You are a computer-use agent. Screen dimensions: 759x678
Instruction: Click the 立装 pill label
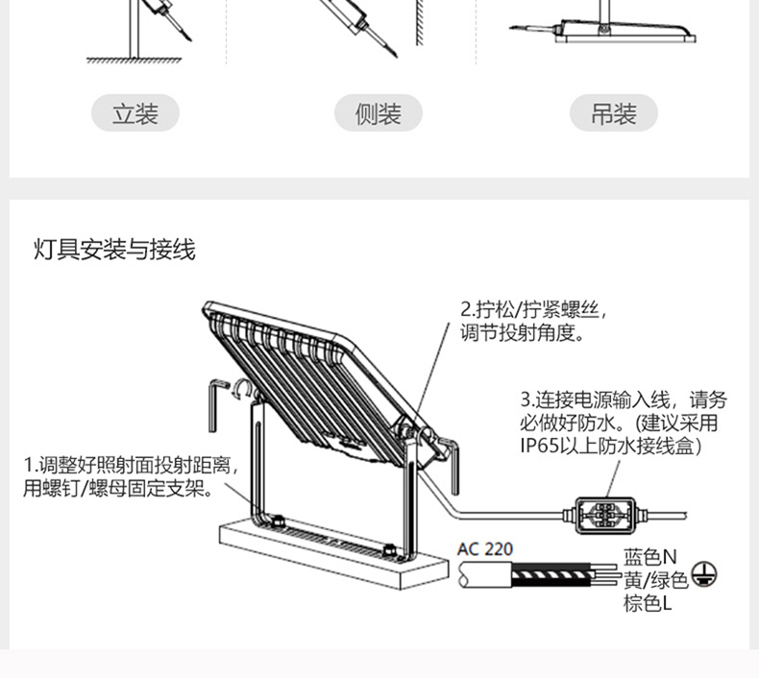135,114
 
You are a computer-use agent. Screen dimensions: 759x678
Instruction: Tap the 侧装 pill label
378,114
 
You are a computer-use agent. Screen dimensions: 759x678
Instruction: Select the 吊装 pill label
615,114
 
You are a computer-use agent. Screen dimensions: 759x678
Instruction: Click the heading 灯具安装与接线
114,251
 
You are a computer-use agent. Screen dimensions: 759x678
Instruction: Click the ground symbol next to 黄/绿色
704,576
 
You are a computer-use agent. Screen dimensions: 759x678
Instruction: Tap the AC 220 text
485,549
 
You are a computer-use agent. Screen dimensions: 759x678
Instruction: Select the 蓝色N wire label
649,557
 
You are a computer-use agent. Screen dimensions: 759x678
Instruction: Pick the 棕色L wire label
647,603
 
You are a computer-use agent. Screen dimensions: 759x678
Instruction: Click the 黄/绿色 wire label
655,579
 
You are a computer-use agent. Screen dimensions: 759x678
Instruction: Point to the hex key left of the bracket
215,403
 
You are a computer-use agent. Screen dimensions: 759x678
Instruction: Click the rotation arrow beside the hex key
242,388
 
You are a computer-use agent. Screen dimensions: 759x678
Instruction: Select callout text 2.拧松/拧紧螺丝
533,310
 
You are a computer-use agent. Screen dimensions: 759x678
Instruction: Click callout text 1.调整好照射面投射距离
130,468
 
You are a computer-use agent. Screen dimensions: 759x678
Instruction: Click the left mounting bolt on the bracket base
276,521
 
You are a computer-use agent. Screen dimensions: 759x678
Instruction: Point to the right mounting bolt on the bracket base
389,549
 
